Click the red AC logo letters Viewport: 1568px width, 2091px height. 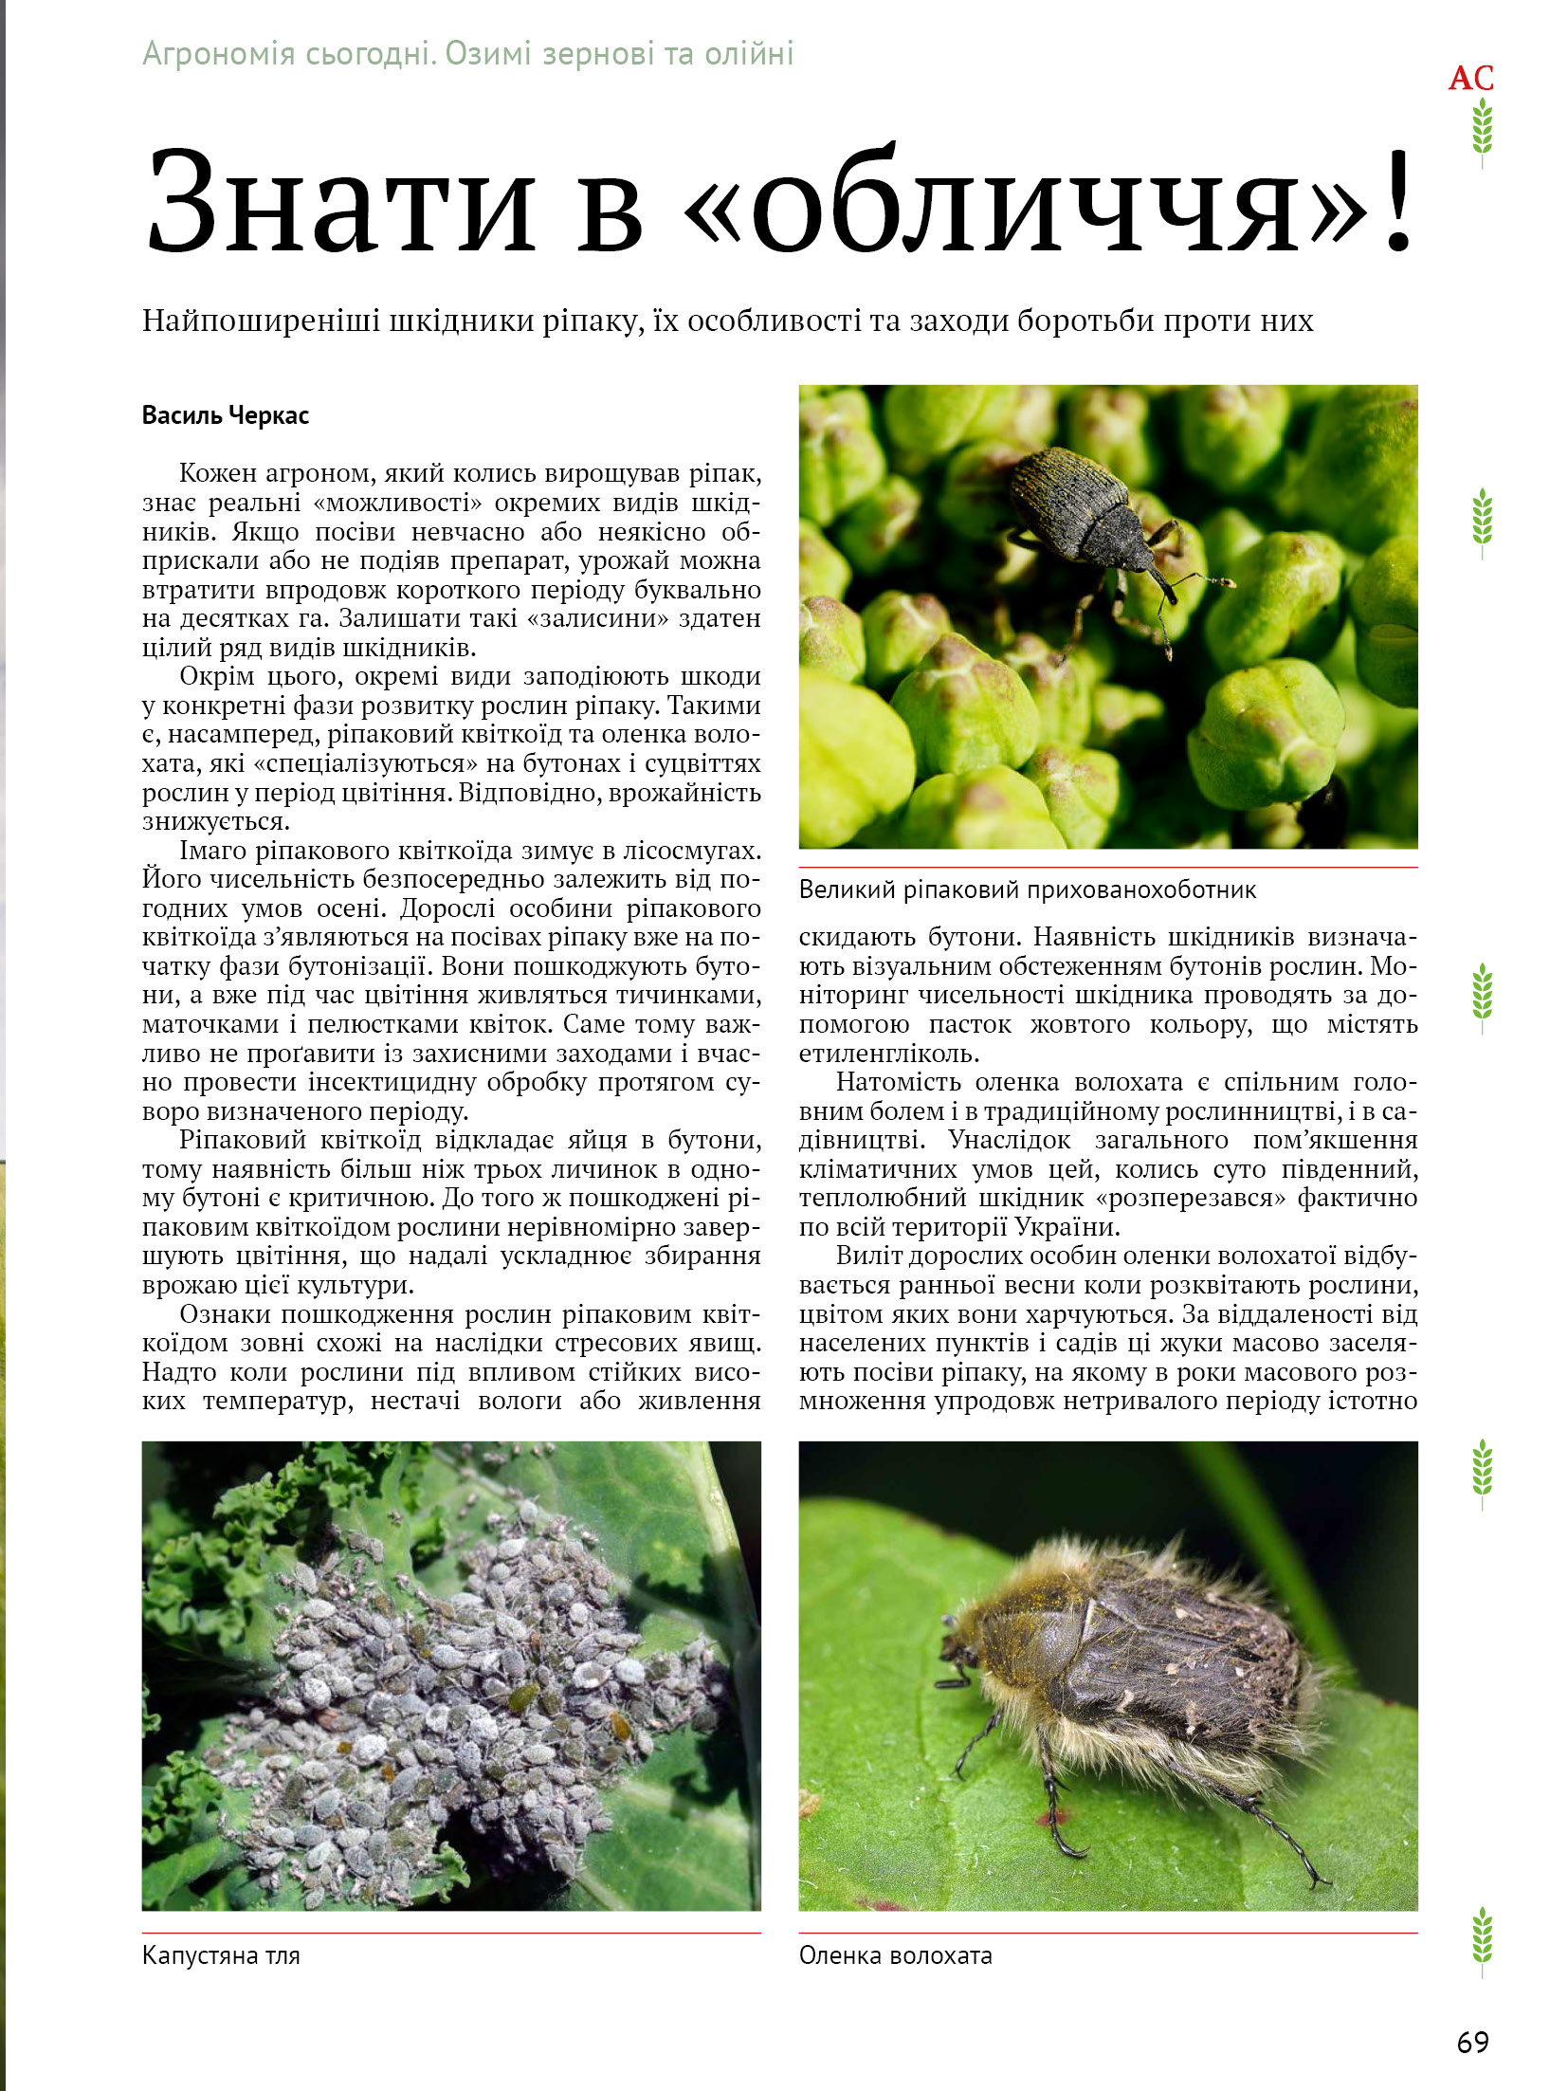1470,78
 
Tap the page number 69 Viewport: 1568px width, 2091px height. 1472,2041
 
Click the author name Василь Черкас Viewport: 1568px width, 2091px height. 225,415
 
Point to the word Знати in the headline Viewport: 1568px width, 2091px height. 341,201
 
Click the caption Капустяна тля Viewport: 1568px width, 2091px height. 220,1955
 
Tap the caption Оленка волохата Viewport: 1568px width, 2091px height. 895,1955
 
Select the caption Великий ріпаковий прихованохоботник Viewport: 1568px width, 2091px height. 1027,890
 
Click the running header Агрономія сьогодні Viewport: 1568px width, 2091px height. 287,54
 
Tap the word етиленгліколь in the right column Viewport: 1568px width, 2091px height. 888,1054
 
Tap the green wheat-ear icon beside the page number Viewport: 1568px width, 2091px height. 1482,1940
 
